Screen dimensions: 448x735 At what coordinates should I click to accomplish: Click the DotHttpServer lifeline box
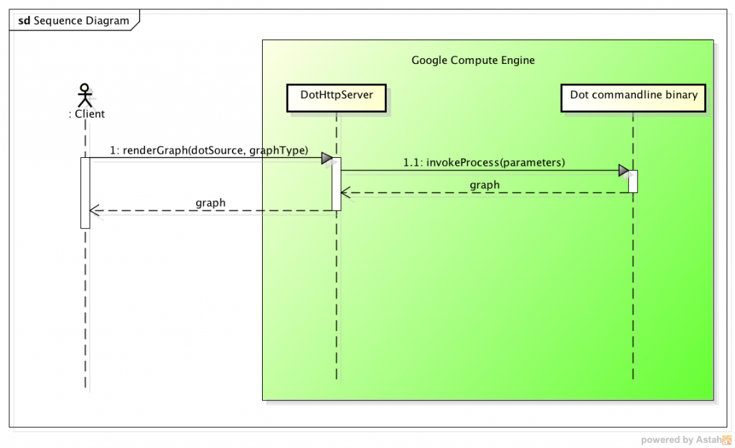pos(335,95)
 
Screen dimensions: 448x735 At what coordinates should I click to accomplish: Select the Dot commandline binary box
pos(633,95)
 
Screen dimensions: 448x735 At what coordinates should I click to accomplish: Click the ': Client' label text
pos(86,113)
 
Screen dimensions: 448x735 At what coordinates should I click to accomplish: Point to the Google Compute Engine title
pos(472,60)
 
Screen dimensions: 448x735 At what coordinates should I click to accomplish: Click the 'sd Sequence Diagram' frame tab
pos(73,21)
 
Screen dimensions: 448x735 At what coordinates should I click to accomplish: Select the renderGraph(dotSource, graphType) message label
pos(209,150)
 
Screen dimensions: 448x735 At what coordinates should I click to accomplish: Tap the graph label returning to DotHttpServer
pos(484,185)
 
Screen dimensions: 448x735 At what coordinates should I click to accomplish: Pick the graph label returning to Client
pos(210,203)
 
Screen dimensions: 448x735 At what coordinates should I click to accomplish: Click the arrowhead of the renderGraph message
pos(326,158)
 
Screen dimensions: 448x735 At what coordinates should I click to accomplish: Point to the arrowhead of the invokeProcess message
pos(623,171)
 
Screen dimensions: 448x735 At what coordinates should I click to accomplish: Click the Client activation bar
pos(85,192)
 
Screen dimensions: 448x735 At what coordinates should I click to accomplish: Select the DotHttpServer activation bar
pos(336,184)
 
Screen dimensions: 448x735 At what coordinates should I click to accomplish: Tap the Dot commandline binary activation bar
pos(633,181)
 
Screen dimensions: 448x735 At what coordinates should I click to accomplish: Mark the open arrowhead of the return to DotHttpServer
pos(345,192)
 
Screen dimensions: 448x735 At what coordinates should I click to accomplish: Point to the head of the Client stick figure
pos(85,88)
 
